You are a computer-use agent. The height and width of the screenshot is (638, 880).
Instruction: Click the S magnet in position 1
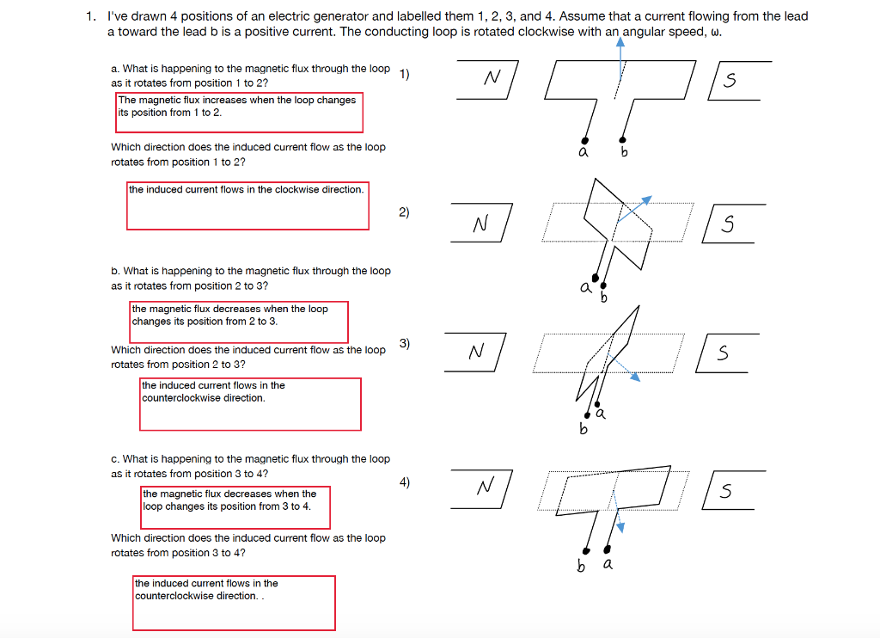click(x=733, y=81)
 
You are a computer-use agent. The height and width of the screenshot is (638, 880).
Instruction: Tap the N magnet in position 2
click(x=481, y=224)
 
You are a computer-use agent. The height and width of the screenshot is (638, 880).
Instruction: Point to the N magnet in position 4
click(x=483, y=488)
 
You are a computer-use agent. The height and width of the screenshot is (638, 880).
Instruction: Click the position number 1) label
click(x=405, y=74)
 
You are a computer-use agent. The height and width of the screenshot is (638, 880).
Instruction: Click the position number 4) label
click(x=405, y=482)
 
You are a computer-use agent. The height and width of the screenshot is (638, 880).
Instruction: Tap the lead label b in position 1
click(x=625, y=152)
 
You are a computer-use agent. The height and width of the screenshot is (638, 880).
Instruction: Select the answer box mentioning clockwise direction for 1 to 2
click(x=247, y=206)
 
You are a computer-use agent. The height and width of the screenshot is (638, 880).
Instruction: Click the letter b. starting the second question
click(x=115, y=271)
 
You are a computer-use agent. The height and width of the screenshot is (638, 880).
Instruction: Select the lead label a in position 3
click(x=601, y=414)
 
